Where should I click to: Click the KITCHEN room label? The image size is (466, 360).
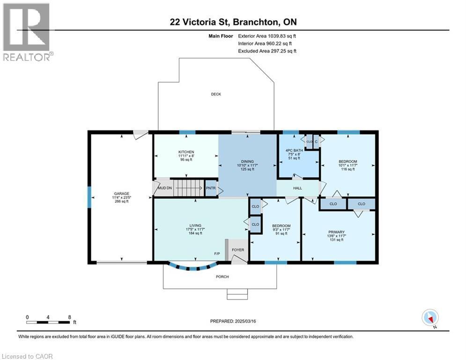(x=186, y=152)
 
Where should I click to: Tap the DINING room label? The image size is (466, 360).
(x=247, y=161)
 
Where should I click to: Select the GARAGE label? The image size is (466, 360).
(x=122, y=194)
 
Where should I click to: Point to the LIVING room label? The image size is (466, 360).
(x=195, y=225)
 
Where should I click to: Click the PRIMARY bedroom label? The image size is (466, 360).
(x=336, y=232)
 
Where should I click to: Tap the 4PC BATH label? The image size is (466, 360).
(x=294, y=150)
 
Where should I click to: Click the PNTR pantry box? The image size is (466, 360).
(x=211, y=188)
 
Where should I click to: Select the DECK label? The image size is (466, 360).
(x=216, y=94)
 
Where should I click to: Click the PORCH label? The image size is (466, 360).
(x=222, y=277)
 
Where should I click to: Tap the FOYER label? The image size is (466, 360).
(x=238, y=250)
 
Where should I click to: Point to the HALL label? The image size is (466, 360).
(x=297, y=188)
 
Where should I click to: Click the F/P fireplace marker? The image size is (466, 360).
(x=217, y=254)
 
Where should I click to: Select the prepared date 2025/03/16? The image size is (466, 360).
(x=245, y=321)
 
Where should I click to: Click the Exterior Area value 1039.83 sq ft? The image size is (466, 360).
(x=282, y=36)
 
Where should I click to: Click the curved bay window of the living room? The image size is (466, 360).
(x=192, y=268)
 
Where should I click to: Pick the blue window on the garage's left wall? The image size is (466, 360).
(x=89, y=197)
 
